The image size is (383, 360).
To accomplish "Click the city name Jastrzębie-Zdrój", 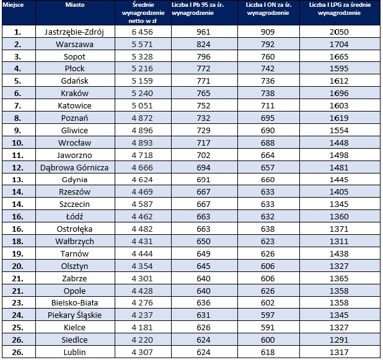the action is click(74, 32).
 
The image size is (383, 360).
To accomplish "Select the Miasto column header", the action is click(75, 5).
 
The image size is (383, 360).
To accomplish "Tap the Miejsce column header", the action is click(13, 5).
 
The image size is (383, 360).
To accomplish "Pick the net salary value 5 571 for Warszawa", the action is click(142, 44).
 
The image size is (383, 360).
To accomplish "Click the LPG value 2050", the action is click(339, 32).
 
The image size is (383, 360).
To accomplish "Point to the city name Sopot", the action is click(74, 56).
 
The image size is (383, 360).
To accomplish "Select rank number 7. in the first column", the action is click(17, 106).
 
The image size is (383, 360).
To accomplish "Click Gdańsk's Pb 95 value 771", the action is click(203, 81).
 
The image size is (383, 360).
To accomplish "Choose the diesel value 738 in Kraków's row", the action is click(268, 94).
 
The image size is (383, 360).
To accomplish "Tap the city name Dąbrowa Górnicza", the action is click(74, 167).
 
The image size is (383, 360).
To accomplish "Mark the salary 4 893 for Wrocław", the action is click(142, 143).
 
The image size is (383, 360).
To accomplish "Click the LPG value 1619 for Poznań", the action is click(339, 118).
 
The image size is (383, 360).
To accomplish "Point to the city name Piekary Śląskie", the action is click(74, 315).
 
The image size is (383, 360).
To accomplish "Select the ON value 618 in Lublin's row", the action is click(268, 352).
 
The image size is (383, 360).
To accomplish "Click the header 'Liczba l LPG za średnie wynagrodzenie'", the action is click(340, 9).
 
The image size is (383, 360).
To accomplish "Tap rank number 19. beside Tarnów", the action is click(17, 254).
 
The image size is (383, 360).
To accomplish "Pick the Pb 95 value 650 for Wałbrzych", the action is click(203, 241).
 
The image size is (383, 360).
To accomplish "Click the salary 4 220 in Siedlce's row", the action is click(142, 340).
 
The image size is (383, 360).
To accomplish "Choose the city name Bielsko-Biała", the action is click(74, 303).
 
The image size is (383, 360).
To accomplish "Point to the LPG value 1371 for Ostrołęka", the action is click(339, 229).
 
